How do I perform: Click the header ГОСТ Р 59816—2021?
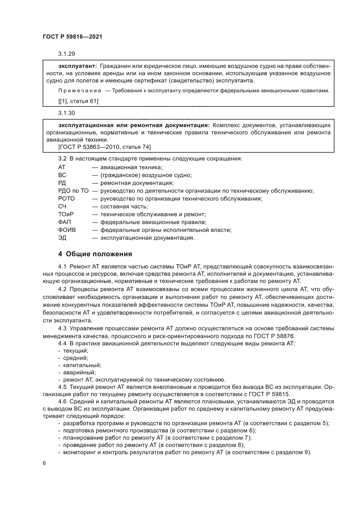coord(72,37)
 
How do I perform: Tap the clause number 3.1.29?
coord(66,54)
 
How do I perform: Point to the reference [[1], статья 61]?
coord(78,101)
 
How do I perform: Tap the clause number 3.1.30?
coord(66,113)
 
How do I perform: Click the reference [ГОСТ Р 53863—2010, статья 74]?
coord(105,147)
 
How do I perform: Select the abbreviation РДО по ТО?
coord(73,191)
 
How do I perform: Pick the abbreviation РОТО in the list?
coord(66,199)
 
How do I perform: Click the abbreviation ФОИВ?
coord(67,230)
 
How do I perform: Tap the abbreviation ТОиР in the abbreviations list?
coord(66,214)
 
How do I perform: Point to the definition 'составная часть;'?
coord(124,207)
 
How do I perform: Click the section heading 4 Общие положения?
coord(95,254)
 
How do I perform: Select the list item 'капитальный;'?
coord(82,365)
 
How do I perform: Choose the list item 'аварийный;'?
coord(79,373)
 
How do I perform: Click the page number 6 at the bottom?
coord(44,463)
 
